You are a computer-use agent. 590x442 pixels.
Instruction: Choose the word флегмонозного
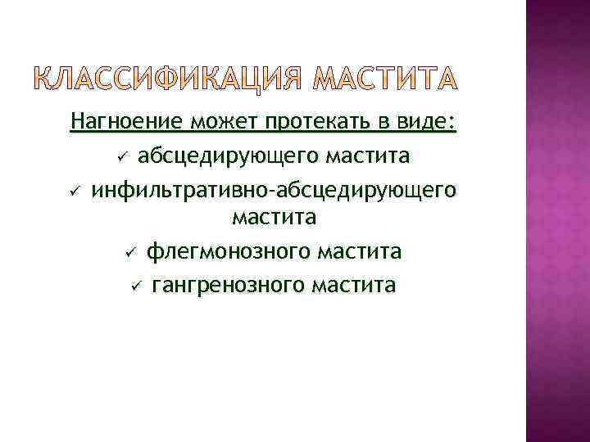point(233,251)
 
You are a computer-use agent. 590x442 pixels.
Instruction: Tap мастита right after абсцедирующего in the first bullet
point(368,156)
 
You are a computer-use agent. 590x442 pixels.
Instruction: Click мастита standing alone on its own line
point(275,219)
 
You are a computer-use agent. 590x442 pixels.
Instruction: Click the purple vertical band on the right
point(557,221)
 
